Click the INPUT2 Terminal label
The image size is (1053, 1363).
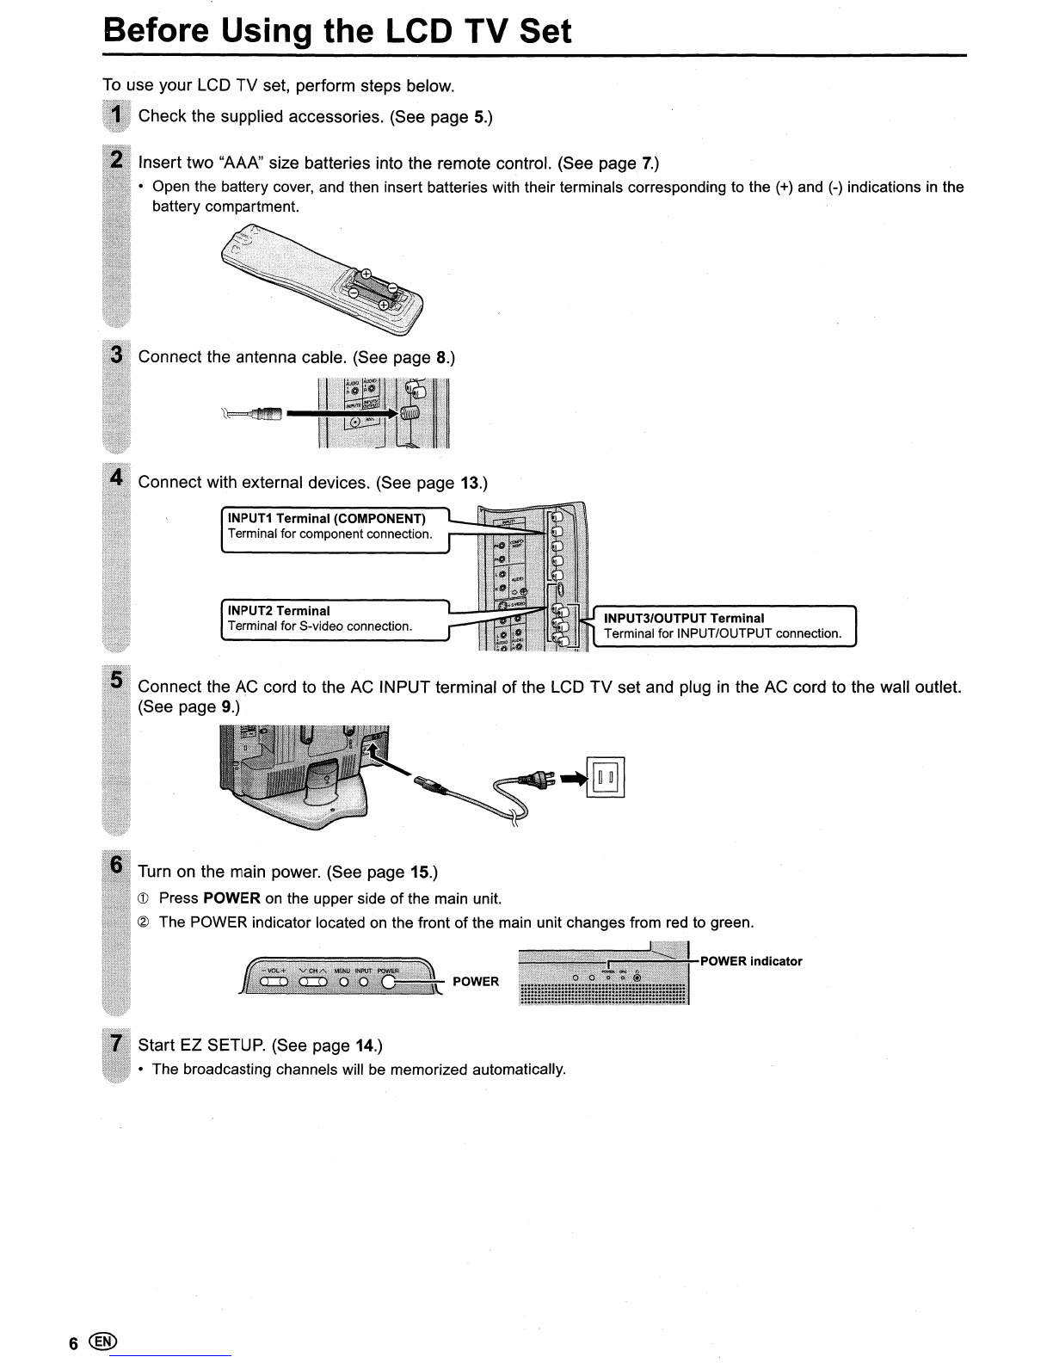tap(279, 610)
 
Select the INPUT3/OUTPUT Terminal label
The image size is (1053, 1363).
tap(684, 618)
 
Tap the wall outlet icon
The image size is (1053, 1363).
tap(605, 776)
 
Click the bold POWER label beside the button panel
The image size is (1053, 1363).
tap(476, 981)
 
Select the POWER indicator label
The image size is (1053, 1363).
tap(751, 961)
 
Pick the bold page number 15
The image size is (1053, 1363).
tap(421, 873)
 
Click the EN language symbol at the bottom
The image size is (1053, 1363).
tap(102, 1341)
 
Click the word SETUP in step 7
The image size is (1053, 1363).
tap(235, 1045)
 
